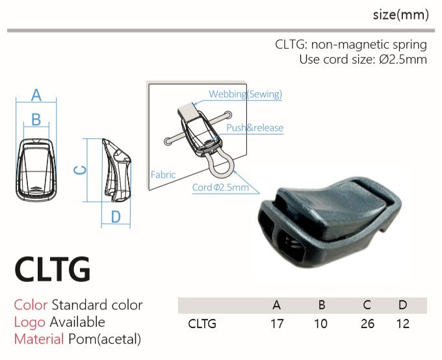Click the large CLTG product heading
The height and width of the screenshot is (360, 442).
pos(53,270)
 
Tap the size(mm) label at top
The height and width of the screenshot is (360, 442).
pos(400,15)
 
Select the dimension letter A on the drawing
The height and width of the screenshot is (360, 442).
pos(36,95)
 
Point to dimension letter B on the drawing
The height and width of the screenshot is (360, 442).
pos(36,120)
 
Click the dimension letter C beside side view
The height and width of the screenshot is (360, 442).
pos(79,170)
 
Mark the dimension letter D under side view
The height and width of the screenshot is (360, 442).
pos(116,217)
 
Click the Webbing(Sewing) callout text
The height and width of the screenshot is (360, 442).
pos(245,94)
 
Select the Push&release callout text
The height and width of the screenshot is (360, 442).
pos(255,128)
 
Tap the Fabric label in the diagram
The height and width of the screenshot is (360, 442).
pos(163,175)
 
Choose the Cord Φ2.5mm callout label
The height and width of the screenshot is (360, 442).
pos(220,188)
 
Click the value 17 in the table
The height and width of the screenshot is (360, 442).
pos(277,324)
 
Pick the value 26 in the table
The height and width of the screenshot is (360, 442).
pos(367,324)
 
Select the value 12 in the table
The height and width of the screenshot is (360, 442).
pos(403,324)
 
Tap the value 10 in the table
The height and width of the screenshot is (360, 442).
pos(320,324)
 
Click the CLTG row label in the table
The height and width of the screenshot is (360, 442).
pos(201,324)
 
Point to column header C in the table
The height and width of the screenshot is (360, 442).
pos(368,305)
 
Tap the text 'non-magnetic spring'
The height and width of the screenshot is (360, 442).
pos(369,45)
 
